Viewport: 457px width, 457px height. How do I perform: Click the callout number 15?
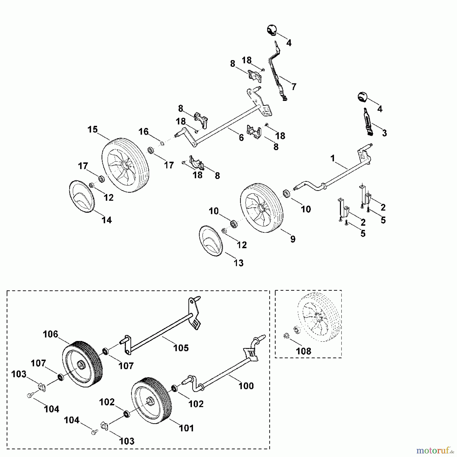(93, 129)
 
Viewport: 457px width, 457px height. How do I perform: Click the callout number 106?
(51, 334)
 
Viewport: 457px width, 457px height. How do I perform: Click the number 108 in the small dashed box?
(304, 351)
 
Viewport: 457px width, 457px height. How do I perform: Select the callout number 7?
(294, 87)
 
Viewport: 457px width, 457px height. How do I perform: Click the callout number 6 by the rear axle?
(241, 138)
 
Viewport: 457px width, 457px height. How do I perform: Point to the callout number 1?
(333, 158)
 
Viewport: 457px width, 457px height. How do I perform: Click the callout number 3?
(384, 133)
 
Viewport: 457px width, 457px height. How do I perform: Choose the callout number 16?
(143, 132)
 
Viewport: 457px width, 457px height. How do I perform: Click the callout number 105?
(181, 348)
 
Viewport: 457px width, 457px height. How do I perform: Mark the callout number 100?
(246, 386)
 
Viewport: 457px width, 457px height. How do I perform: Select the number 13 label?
(238, 263)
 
